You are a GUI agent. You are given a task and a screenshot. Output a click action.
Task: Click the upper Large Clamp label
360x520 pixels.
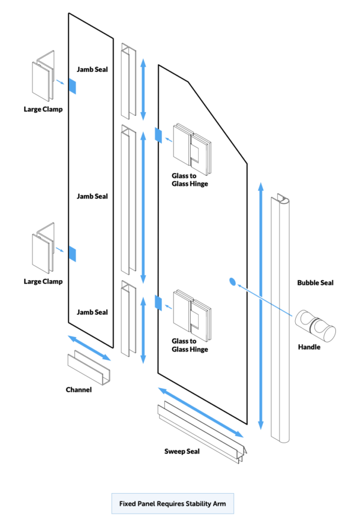(43, 109)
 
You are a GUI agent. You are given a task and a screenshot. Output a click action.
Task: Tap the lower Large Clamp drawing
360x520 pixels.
(43, 250)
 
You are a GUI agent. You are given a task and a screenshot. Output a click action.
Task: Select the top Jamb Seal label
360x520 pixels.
(92, 70)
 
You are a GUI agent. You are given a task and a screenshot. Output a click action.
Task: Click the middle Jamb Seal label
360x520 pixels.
(92, 196)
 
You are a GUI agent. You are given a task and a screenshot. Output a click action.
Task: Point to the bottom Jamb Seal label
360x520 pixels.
(92, 312)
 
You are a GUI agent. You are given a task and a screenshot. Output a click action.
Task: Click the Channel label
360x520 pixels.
(79, 390)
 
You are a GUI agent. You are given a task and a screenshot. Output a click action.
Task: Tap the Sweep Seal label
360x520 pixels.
(182, 450)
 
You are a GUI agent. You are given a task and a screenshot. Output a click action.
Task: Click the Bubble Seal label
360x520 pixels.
(315, 282)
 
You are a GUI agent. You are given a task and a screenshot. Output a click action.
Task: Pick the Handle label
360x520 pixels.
(310, 347)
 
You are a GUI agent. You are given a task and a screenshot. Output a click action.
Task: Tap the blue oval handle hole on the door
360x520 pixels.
(233, 281)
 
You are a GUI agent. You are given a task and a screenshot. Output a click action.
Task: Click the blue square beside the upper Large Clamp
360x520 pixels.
(72, 86)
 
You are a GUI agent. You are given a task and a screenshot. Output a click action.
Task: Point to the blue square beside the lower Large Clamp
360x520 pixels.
(72, 254)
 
